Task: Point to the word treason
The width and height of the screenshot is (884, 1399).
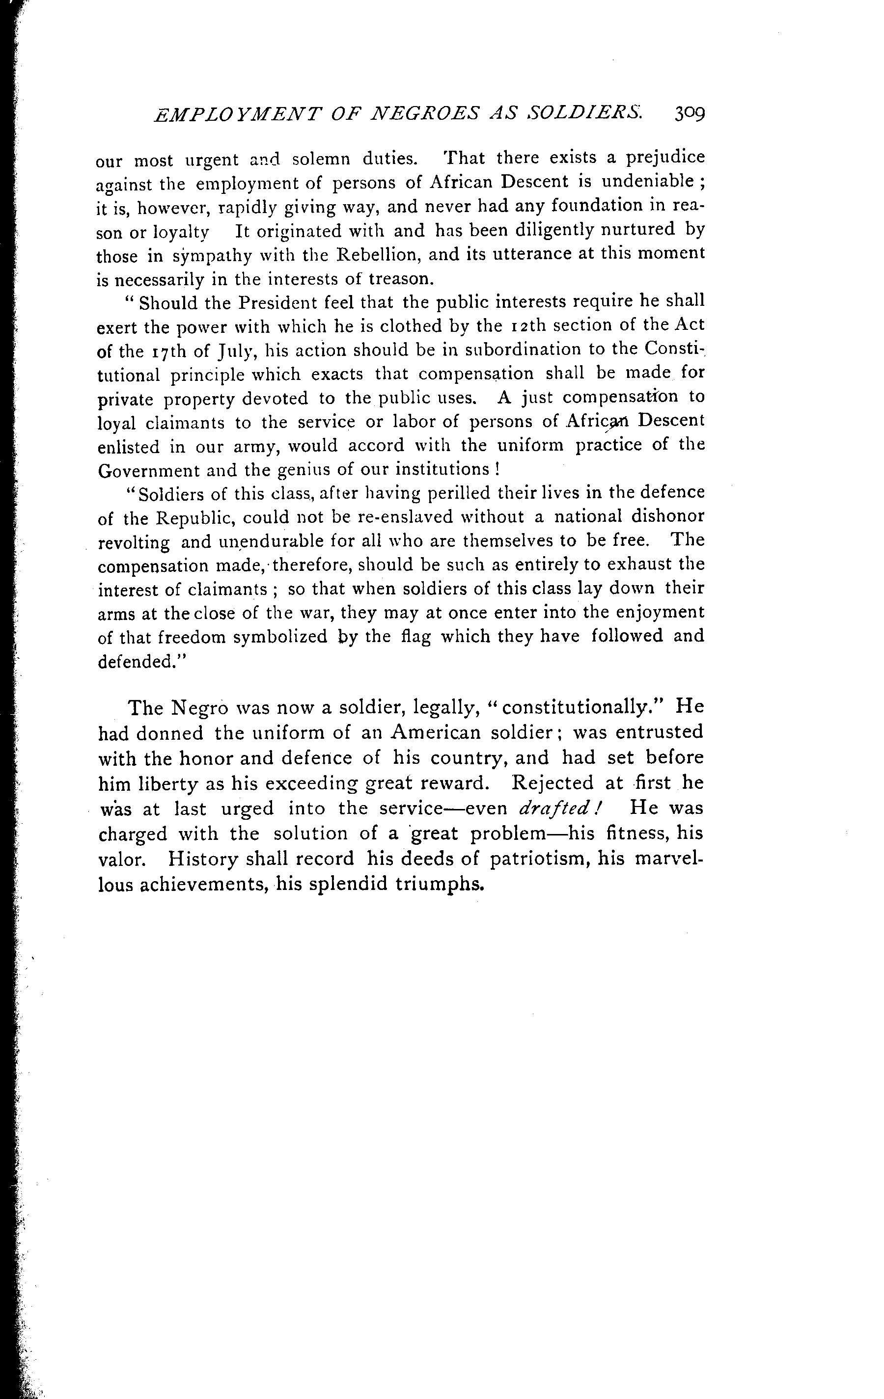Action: [x=401, y=279]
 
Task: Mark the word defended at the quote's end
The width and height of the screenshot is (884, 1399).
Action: [x=132, y=662]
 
